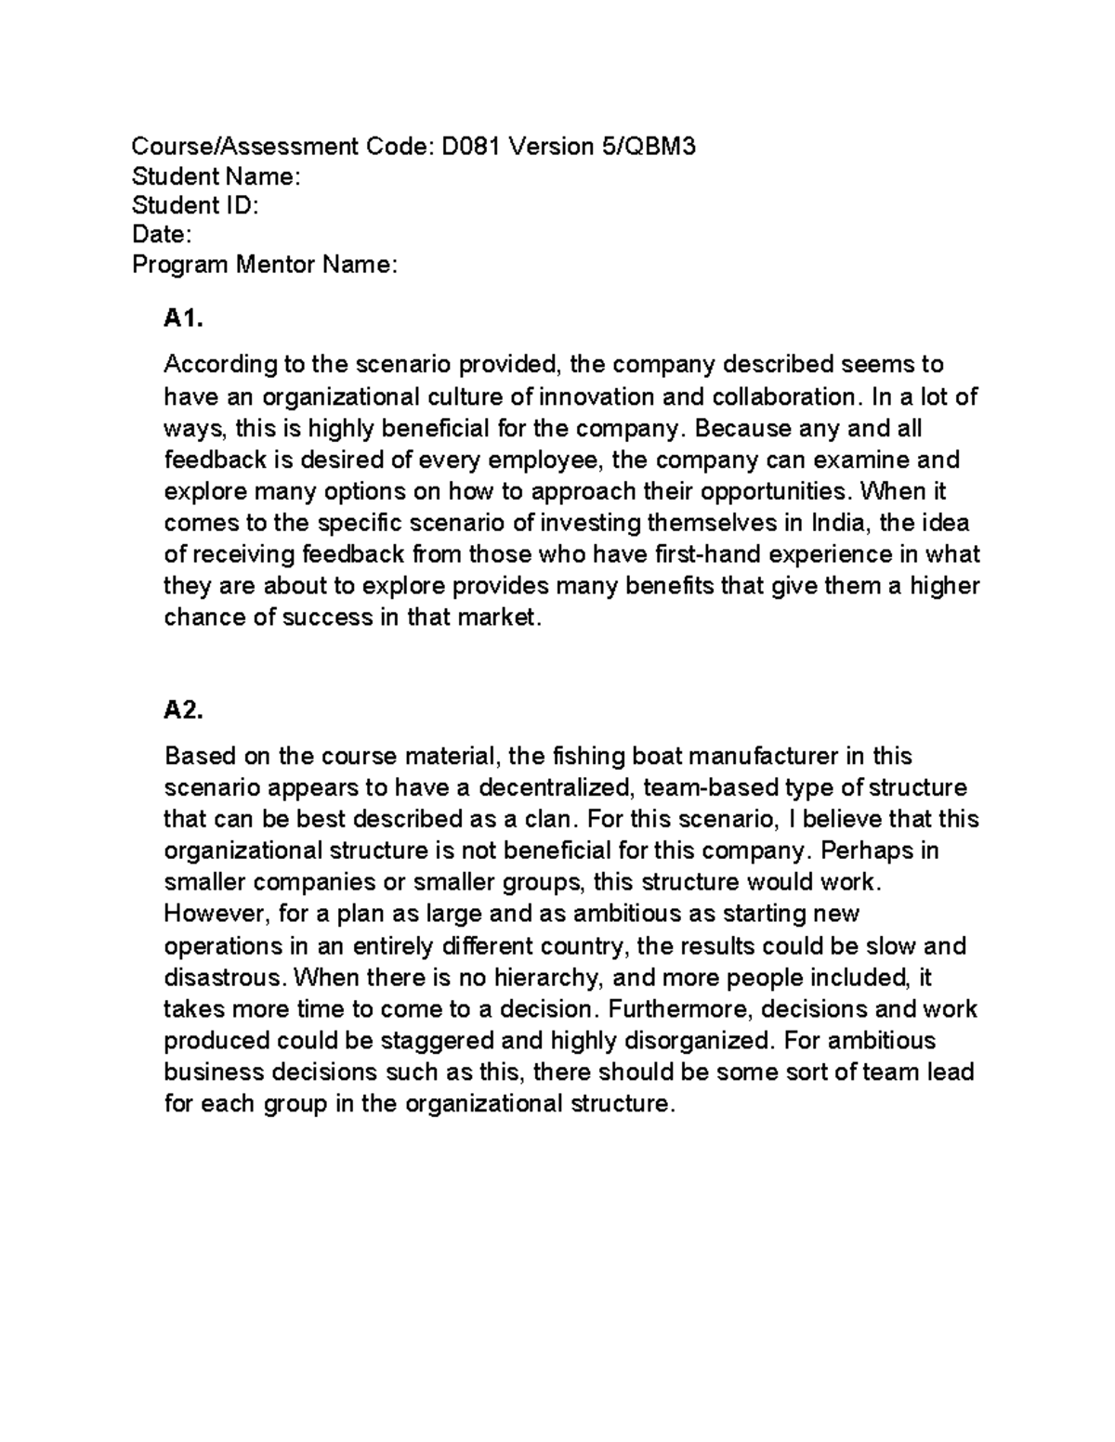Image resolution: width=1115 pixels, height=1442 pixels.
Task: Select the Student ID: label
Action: (x=195, y=205)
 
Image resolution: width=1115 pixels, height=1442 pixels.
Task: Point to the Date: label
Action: (x=162, y=235)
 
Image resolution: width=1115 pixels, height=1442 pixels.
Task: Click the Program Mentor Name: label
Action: (x=265, y=265)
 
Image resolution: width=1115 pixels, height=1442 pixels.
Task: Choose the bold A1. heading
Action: (x=182, y=319)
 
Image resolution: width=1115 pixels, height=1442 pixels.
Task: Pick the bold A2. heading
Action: (x=182, y=710)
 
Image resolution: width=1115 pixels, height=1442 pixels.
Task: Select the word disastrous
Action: (x=224, y=977)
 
